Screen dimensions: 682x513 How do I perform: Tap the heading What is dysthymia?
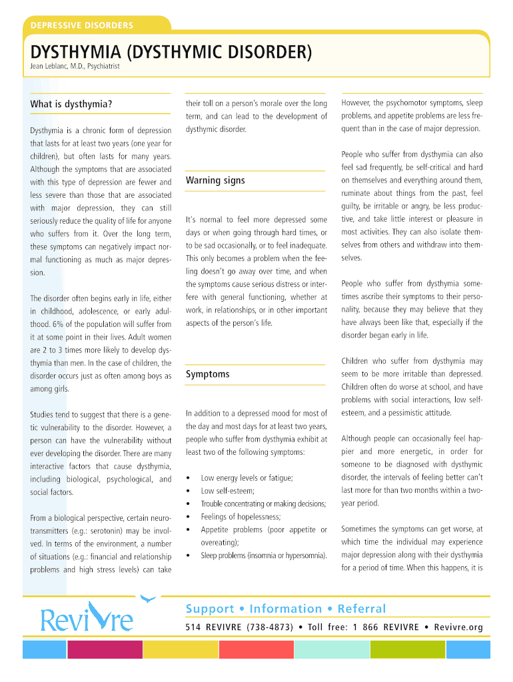(x=71, y=105)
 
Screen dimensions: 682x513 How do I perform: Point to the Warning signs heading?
(x=215, y=180)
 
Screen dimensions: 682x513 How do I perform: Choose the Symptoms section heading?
(x=207, y=374)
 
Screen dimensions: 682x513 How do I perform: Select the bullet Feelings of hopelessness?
(x=241, y=517)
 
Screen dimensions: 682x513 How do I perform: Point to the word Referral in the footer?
(x=362, y=609)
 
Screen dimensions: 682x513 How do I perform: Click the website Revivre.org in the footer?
(x=458, y=627)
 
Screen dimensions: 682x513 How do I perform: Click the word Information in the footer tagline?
(x=286, y=609)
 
